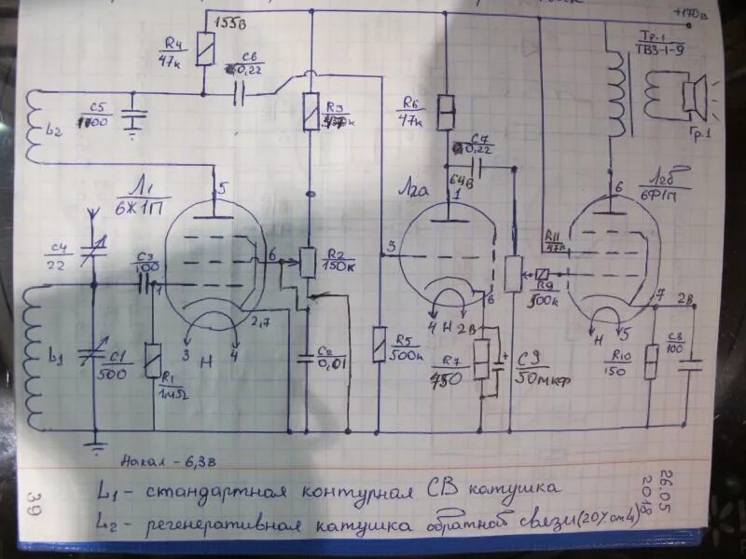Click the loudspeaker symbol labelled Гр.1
coord(692,95)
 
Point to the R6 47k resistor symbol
coord(446,111)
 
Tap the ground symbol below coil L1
coord(94,444)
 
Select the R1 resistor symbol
coord(153,359)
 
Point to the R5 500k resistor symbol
coord(379,345)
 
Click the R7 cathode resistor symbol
coord(481,358)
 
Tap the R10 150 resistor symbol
coord(652,361)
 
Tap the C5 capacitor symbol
coord(134,113)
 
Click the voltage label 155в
coord(228,20)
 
